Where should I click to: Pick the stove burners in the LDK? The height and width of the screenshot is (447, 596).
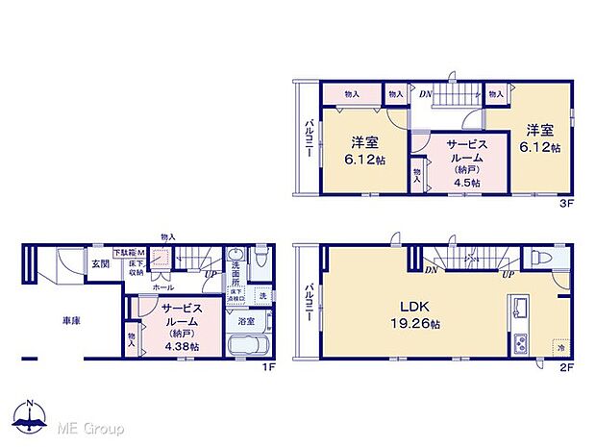point(520,342)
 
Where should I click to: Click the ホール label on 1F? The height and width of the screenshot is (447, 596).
point(162,287)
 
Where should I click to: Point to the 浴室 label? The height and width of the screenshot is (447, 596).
point(245,320)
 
